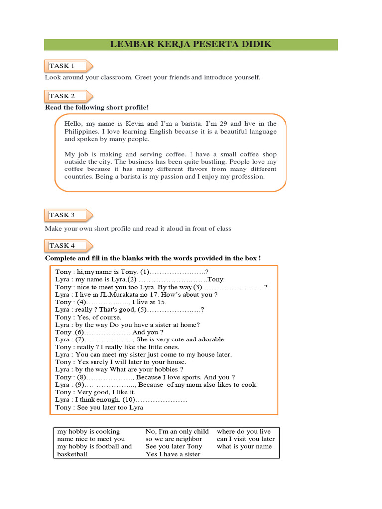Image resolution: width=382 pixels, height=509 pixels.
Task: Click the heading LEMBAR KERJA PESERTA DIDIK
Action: pyautogui.click(x=191, y=45)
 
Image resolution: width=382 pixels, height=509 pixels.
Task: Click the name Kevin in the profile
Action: pyautogui.click(x=135, y=123)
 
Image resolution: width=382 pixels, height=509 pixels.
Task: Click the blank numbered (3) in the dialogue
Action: pyautogui.click(x=234, y=287)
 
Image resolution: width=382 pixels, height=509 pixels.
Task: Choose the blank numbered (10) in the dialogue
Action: pyautogui.click(x=154, y=400)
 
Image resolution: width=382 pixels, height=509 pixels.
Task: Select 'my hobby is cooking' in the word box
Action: pyautogui.click(x=89, y=432)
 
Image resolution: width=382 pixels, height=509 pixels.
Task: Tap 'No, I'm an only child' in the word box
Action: pyautogui.click(x=177, y=432)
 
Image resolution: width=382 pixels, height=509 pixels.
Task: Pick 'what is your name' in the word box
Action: pyautogui.click(x=244, y=446)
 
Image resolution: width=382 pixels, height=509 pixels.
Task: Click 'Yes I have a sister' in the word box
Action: pyautogui.click(x=173, y=454)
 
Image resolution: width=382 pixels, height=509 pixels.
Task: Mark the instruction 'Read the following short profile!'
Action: pyautogui.click(x=97, y=107)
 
